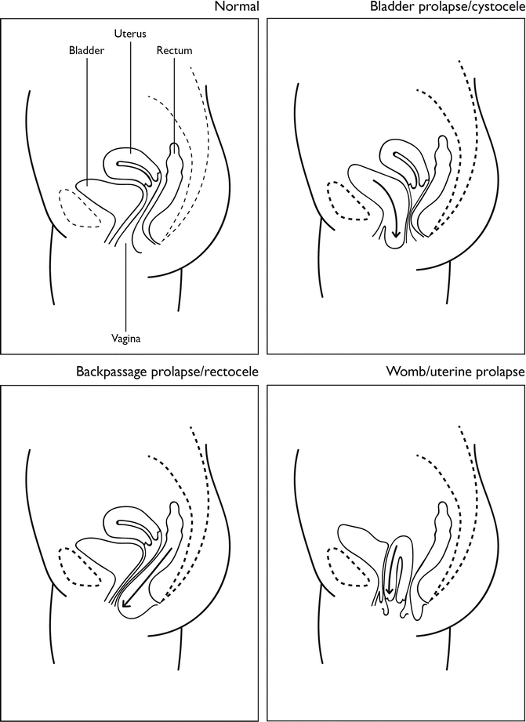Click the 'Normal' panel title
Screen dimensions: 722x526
(x=238, y=8)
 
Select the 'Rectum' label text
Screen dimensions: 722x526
(x=175, y=51)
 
